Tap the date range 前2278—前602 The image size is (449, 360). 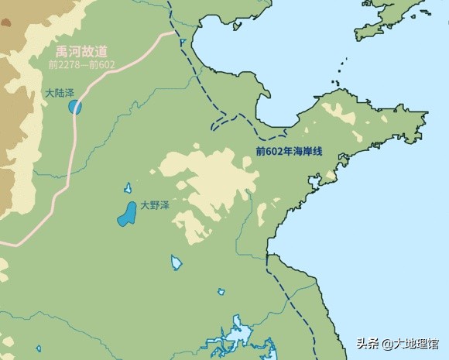[80, 65]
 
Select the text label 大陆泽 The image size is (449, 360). [60, 93]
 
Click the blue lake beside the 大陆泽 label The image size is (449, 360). [75, 106]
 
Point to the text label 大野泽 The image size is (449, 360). [155, 206]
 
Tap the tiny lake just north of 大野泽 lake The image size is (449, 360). [128, 187]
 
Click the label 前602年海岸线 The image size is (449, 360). [288, 151]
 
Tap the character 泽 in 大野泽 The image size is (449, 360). [164, 206]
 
